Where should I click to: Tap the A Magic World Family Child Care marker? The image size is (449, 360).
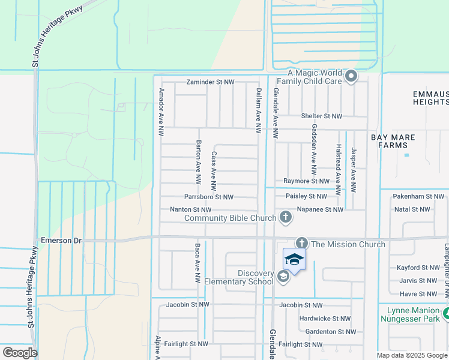pyautogui.click(x=351, y=76)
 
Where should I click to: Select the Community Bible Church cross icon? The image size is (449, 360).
pyautogui.click(x=286, y=218)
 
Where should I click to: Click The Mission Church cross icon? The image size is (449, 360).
pyautogui.click(x=302, y=244)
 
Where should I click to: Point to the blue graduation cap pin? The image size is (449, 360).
pyautogui.click(x=294, y=260)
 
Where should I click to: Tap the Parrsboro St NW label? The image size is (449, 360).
pyautogui.click(x=209, y=197)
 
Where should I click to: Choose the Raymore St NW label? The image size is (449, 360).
pyautogui.click(x=306, y=181)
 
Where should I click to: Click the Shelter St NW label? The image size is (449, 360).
pyautogui.click(x=321, y=116)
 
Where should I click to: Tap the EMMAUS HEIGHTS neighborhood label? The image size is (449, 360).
pyautogui.click(x=430, y=98)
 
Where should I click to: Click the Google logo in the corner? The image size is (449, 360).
pyautogui.click(x=20, y=352)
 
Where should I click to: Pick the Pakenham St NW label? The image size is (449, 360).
pyautogui.click(x=418, y=196)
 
